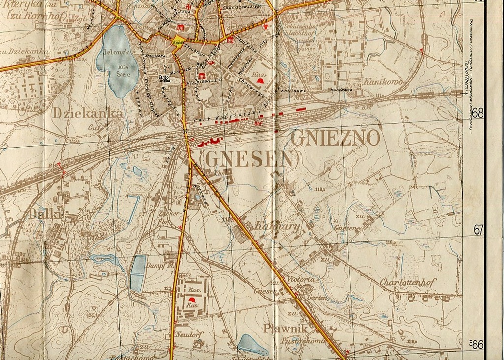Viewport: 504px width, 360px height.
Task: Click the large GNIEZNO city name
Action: (x=336, y=138)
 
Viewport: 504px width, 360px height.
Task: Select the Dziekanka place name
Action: (x=87, y=113)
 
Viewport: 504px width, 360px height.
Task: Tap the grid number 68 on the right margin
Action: (x=478, y=113)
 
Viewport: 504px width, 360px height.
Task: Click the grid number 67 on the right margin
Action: (x=479, y=230)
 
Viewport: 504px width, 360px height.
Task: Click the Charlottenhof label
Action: (x=408, y=283)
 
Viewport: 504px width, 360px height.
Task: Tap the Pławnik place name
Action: (x=285, y=329)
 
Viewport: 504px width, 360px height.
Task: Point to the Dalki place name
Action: (x=45, y=214)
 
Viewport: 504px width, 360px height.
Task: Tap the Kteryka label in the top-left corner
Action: (x=20, y=5)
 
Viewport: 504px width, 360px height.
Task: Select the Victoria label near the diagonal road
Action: (x=301, y=279)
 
